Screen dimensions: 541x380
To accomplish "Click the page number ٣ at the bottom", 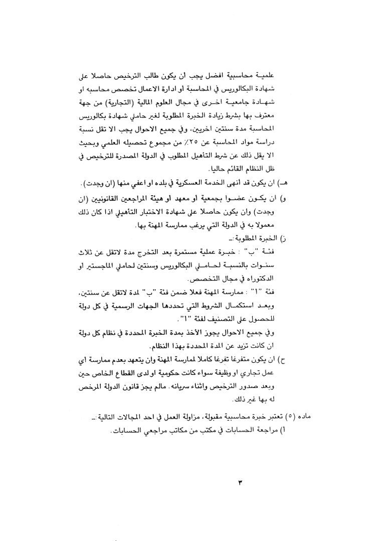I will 240,483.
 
